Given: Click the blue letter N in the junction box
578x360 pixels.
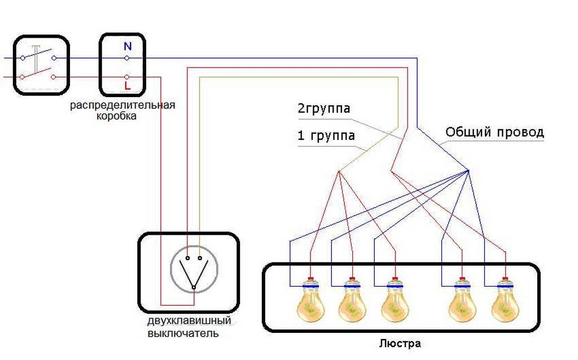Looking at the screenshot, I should pos(128,47).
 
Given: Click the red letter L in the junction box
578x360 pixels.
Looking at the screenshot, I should pos(128,86).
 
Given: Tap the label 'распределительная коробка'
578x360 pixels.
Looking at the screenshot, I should pos(122,111).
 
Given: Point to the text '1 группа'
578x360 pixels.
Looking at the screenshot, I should pos(326,136).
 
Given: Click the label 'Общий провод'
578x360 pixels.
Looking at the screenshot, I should pos(494,133).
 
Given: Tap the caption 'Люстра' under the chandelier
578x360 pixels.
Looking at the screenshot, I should pos(400,343).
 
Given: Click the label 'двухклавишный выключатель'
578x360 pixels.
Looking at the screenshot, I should pos(189,327).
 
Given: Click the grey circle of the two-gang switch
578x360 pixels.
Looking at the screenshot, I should pos(194,270).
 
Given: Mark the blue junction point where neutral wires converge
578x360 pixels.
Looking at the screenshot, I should pos(468,170).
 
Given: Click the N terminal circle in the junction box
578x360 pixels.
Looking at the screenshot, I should pos(127,58).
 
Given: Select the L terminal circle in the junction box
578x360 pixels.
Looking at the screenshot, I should pos(127,77).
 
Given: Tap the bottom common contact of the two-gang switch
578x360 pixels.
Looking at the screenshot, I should pos(194,288).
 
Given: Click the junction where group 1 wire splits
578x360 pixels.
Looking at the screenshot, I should pos(339,172).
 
